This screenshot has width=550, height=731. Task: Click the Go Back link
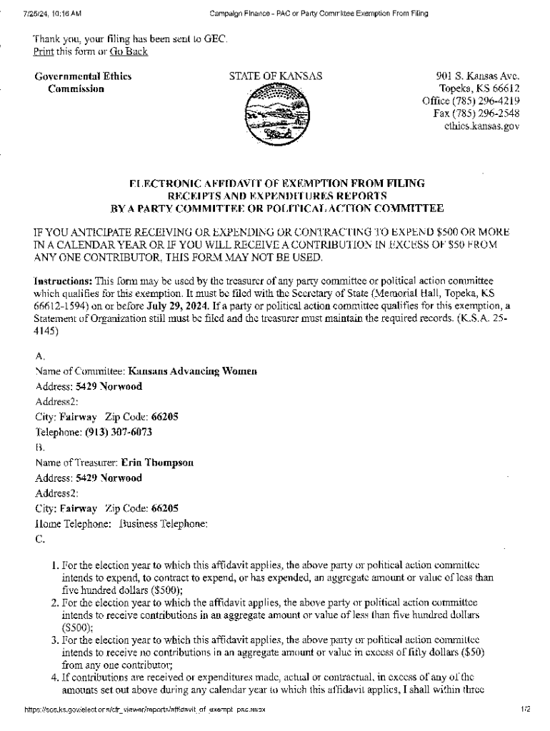coord(129,51)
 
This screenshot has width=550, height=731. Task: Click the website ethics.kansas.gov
coord(481,126)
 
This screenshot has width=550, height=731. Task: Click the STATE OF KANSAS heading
coord(275,76)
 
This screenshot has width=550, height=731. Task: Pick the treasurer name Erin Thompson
coord(157,463)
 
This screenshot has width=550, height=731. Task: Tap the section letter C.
coord(40,540)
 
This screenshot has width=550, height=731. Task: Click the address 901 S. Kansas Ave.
coord(478,76)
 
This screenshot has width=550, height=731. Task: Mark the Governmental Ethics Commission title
coord(83,82)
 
